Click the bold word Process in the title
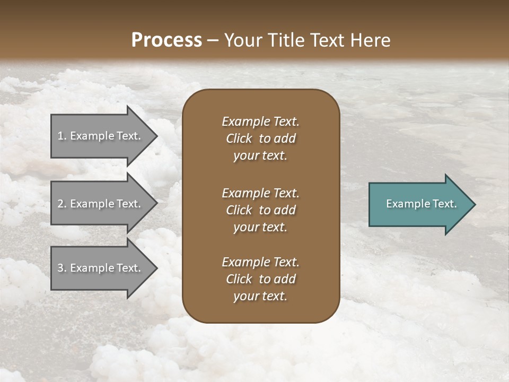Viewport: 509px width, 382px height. coord(166,40)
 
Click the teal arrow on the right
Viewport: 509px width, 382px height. coord(419,204)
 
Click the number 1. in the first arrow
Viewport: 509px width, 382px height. coord(62,136)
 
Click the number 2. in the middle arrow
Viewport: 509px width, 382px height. coord(62,204)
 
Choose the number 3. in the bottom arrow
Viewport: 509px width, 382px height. coord(62,268)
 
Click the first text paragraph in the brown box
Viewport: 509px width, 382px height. coord(260,138)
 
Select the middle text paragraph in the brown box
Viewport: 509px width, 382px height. coord(260,210)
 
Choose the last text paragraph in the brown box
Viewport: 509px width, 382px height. coord(260,279)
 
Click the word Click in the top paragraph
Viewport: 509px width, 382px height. coord(239,138)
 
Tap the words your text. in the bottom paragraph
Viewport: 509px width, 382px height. coord(260,297)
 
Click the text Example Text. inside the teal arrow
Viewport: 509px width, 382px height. coord(421,204)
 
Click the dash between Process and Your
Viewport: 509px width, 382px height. coord(213,40)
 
